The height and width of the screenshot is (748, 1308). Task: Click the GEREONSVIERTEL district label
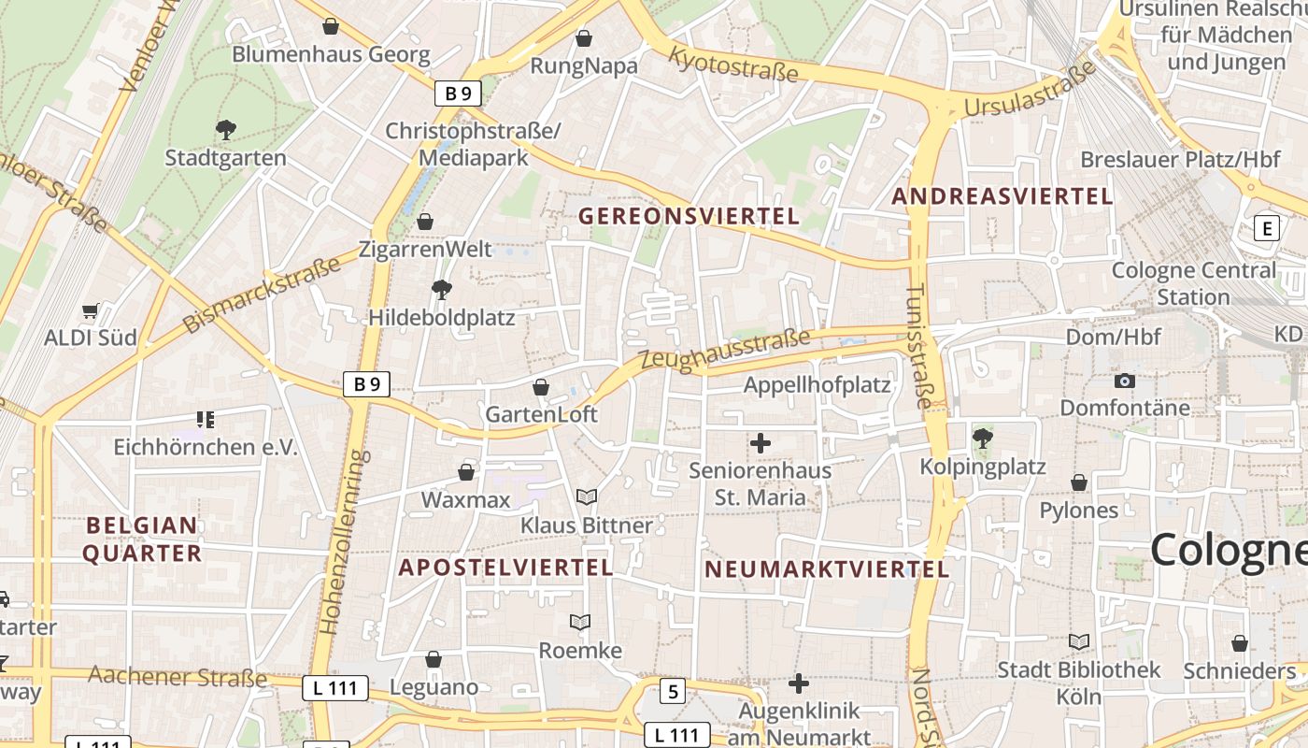click(x=689, y=216)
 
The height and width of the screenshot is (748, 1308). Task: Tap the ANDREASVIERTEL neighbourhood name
click(x=1002, y=196)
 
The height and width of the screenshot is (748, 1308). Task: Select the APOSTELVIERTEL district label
click(x=505, y=567)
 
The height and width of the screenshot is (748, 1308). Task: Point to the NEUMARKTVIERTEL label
click(x=826, y=568)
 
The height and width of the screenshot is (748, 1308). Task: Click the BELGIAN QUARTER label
click(x=142, y=539)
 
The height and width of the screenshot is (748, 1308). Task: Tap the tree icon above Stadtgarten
click(x=225, y=129)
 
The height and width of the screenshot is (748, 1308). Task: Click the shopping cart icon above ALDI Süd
click(x=91, y=311)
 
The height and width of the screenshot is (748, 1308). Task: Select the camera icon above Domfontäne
click(x=1125, y=381)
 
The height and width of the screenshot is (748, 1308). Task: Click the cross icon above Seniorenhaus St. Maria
click(x=761, y=443)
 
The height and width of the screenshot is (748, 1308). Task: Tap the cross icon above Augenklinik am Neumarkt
click(x=798, y=683)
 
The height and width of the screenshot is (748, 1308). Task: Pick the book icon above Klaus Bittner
click(x=587, y=497)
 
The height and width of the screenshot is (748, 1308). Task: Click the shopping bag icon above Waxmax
click(x=465, y=472)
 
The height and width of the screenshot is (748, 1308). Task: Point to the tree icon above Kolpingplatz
click(x=982, y=438)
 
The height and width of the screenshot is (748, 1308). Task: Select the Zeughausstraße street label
click(x=725, y=351)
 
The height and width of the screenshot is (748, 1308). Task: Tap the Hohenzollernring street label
click(x=344, y=542)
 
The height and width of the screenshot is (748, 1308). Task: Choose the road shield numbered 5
click(x=673, y=692)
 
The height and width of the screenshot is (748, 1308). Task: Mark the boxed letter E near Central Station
click(x=1267, y=228)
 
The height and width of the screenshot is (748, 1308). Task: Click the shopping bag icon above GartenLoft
click(x=540, y=387)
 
